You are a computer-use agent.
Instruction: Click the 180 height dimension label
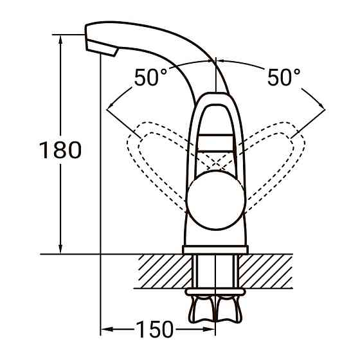click(x=60, y=150)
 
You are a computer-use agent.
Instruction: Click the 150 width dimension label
click(x=154, y=329)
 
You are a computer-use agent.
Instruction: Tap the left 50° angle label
click(x=151, y=78)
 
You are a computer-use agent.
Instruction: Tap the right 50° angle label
click(x=283, y=78)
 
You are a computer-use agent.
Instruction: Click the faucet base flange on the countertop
click(x=215, y=249)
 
